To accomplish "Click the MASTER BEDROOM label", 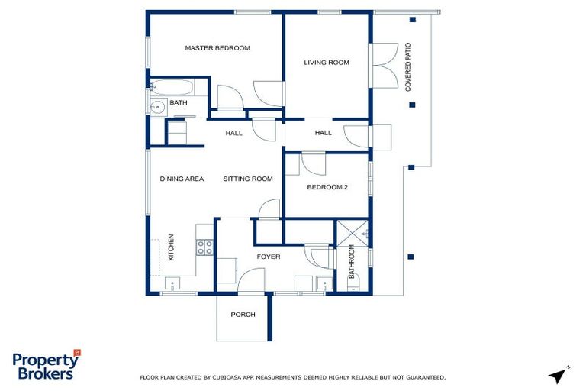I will pyautogui.click(x=217, y=48).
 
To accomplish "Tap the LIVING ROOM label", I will pyautogui.click(x=327, y=63).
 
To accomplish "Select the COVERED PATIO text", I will pyautogui.click(x=408, y=67).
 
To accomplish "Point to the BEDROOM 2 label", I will pyautogui.click(x=327, y=186).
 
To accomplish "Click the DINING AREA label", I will pyautogui.click(x=182, y=179).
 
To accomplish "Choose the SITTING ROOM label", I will pyautogui.click(x=248, y=179).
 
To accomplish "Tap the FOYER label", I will pyautogui.click(x=268, y=257).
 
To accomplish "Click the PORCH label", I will pyautogui.click(x=243, y=315).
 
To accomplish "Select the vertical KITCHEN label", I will pyautogui.click(x=171, y=247).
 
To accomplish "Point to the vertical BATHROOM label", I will pyautogui.click(x=352, y=262).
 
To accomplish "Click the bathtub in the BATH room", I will pyautogui.click(x=169, y=86).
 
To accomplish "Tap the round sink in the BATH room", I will pyautogui.click(x=156, y=107).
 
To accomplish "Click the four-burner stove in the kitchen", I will pyautogui.click(x=204, y=247).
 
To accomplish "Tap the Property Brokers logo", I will pyautogui.click(x=46, y=367).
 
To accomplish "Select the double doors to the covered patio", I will pyautogui.click(x=381, y=66).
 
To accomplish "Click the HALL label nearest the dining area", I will pyautogui.click(x=233, y=133).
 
